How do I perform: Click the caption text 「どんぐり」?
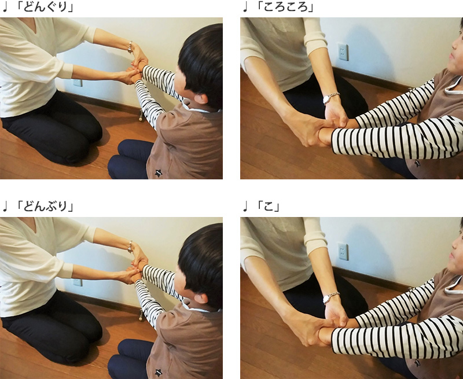point(44,7)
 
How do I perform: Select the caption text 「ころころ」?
point(284,7)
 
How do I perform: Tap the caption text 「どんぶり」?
point(44,206)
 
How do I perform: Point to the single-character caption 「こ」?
point(267,206)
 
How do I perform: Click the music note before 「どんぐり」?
point(5,7)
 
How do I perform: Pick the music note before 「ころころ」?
point(245,7)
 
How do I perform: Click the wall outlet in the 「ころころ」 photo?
point(343,51)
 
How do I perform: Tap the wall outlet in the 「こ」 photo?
point(343,252)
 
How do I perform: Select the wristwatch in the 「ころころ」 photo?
point(330,98)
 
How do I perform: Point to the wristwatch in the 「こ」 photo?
point(330,298)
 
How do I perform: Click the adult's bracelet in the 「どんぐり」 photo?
point(130,47)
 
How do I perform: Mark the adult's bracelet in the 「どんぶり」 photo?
point(130,246)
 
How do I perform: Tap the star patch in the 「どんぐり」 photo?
point(159,173)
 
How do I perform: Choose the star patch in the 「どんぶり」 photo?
point(159,373)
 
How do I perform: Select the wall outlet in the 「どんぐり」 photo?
point(78,83)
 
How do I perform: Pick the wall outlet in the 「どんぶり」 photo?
point(78,282)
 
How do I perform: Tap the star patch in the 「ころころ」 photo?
point(417,163)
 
